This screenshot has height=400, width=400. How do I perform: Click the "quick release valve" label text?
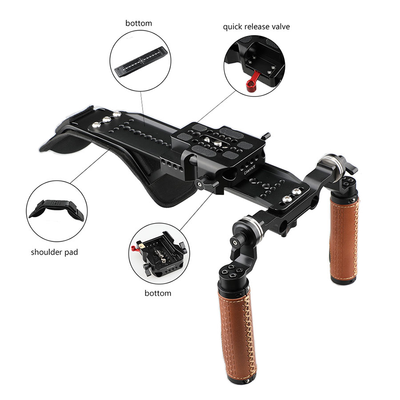coord(256,27)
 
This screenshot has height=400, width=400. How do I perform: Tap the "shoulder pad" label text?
coord(54,252)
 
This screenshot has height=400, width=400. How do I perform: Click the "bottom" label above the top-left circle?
coord(139,23)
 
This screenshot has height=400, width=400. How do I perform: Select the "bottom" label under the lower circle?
coord(158,293)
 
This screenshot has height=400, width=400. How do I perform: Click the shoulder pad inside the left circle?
coord(56,209)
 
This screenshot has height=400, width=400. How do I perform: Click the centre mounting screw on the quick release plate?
coord(218,143)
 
